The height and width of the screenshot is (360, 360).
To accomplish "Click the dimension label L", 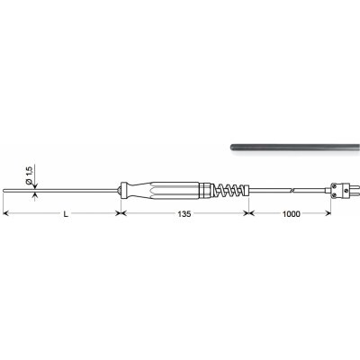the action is click(66, 214).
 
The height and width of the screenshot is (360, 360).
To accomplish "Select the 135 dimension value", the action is click(184, 214).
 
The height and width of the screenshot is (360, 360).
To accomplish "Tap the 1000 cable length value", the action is click(291, 214).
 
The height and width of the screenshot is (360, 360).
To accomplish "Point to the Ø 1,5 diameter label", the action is click(29, 176).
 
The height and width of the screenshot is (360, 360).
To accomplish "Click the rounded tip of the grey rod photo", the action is click(232, 148).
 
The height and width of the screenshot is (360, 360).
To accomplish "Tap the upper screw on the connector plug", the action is click(335, 186).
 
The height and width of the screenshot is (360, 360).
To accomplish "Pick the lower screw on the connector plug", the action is click(335, 195).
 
